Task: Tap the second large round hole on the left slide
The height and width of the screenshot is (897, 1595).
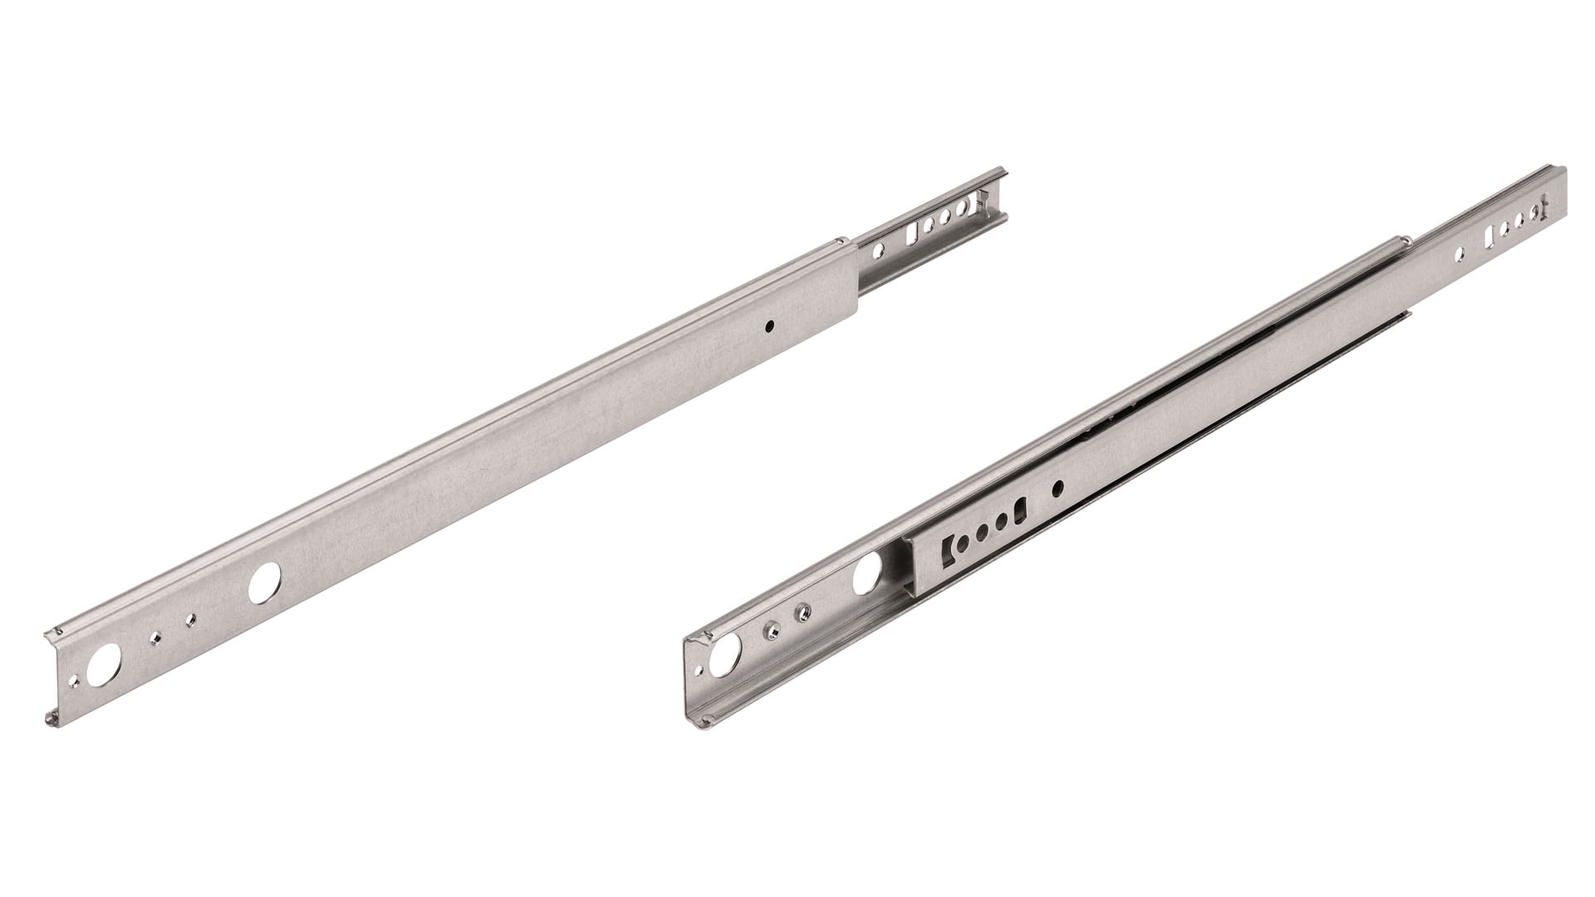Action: pos(265,584)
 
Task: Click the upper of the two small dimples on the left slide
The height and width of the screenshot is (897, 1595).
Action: pos(192,618)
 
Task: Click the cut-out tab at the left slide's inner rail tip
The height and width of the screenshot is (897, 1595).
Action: pos(982,199)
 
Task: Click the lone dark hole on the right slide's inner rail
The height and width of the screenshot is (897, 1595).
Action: pos(1058,488)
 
